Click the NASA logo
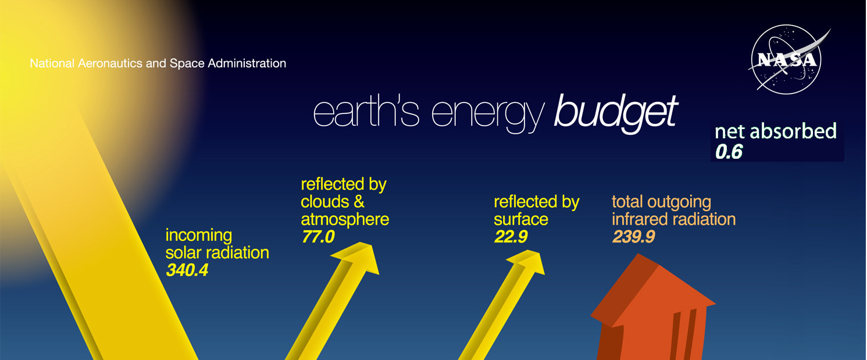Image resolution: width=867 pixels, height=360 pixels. click(x=787, y=60)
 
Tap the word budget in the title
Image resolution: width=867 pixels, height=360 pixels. click(x=616, y=113)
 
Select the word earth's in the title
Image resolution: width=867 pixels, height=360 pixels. click(x=366, y=113)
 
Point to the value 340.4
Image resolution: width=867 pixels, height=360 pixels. click(x=187, y=270)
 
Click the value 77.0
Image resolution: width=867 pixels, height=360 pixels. click(x=317, y=237)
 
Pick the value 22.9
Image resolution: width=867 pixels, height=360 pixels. click(x=511, y=237)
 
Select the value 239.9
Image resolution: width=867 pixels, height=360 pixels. click(x=633, y=237)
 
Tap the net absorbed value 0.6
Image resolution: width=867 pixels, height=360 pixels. click(x=729, y=151)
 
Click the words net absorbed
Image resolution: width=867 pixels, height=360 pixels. click(x=775, y=131)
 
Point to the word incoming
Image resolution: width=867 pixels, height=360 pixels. click(x=198, y=236)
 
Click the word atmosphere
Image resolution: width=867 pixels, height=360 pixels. click(x=345, y=219)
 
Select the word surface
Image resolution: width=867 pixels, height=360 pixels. click(x=521, y=219)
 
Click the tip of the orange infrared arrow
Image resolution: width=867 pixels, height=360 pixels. click(x=638, y=254)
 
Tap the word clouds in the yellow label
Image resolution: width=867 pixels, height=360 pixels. click(x=324, y=202)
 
